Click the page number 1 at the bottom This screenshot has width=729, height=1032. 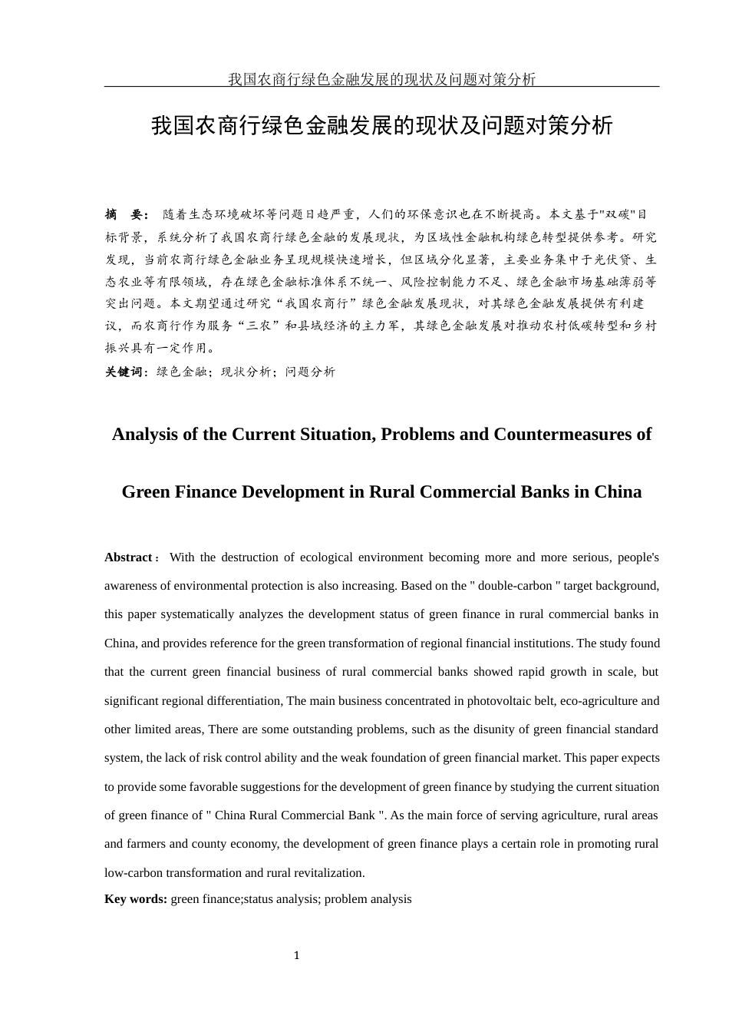point(296,955)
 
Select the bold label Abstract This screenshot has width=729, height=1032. point(128,557)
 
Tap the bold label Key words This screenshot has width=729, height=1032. point(135,899)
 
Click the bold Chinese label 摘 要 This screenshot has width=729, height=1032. point(127,214)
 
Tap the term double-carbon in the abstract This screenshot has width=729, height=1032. point(516,586)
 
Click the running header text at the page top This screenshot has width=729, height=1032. point(381,79)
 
